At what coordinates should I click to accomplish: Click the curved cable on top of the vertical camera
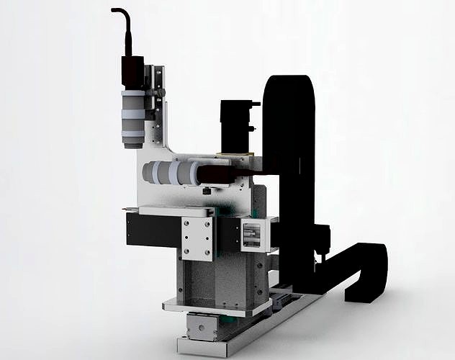(x=124, y=22)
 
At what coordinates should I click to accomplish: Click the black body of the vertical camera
(x=132, y=73)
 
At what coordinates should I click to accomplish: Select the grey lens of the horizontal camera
(x=173, y=173)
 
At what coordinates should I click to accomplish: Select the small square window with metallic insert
(x=252, y=235)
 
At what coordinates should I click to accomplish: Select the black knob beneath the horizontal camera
(x=207, y=191)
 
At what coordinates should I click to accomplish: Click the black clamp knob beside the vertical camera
(x=160, y=93)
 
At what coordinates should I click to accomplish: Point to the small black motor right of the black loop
(x=322, y=238)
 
